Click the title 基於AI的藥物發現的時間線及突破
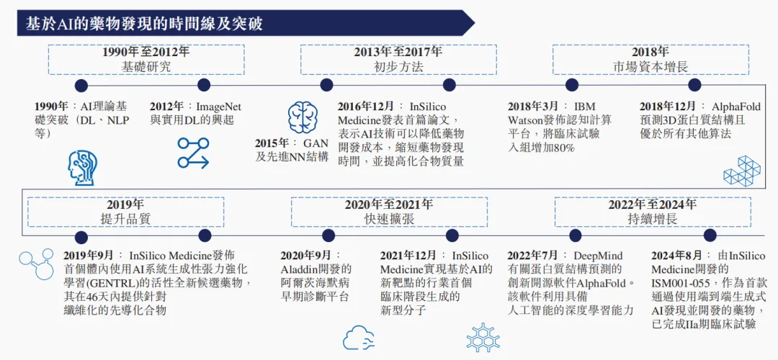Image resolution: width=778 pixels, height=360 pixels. [144, 24]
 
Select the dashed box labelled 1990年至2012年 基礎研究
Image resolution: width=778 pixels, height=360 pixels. [146, 60]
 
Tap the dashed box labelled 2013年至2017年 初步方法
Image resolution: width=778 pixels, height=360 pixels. [398, 60]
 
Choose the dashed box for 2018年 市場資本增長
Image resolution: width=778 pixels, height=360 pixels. [650, 60]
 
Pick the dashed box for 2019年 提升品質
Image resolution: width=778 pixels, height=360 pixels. [125, 212]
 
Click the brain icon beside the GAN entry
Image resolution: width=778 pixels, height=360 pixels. [303, 117]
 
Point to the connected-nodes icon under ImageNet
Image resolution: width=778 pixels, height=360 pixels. [193, 153]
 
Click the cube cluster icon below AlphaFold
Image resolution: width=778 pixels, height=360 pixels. [741, 171]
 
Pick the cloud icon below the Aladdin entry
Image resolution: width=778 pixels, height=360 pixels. [358, 337]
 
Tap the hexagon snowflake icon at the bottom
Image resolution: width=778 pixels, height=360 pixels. [483, 337]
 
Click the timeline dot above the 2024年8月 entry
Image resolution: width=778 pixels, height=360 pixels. [710, 235]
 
